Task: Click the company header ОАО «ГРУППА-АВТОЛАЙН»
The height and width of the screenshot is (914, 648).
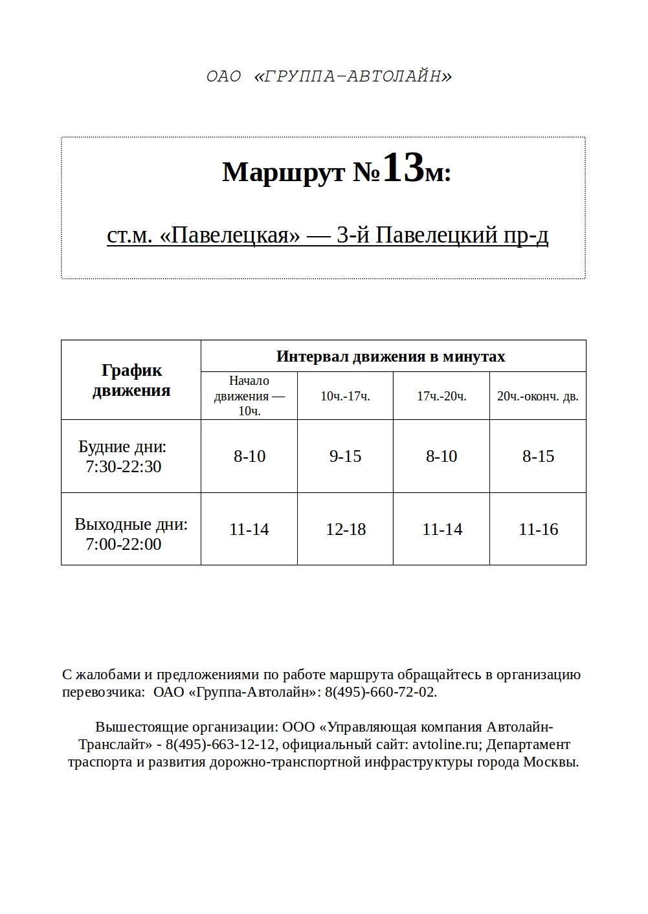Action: [329, 76]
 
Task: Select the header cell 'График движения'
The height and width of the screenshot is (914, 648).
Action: [131, 380]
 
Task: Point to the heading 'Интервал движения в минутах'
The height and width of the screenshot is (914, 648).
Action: [390, 356]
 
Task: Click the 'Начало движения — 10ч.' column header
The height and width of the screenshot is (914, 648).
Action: [249, 396]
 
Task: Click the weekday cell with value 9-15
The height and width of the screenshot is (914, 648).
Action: [345, 457]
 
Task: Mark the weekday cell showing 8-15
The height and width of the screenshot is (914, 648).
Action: [538, 457]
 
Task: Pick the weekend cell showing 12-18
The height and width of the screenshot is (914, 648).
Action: [346, 530]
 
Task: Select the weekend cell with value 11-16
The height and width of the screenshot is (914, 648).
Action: [538, 530]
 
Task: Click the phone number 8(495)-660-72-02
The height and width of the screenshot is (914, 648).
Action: [379, 692]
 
